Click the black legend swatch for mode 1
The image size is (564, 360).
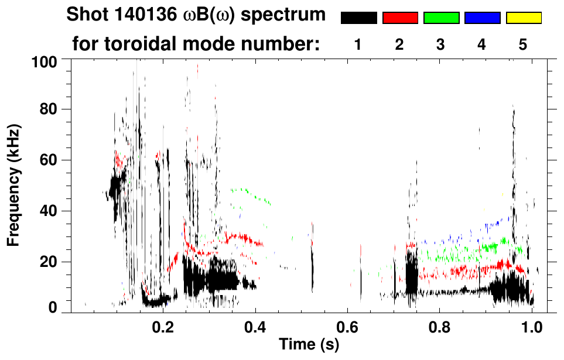(x=358, y=18)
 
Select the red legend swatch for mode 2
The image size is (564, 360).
(x=400, y=18)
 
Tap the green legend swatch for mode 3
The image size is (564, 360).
(x=441, y=18)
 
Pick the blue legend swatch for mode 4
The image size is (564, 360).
(x=482, y=18)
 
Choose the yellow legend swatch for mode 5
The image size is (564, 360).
(x=523, y=18)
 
